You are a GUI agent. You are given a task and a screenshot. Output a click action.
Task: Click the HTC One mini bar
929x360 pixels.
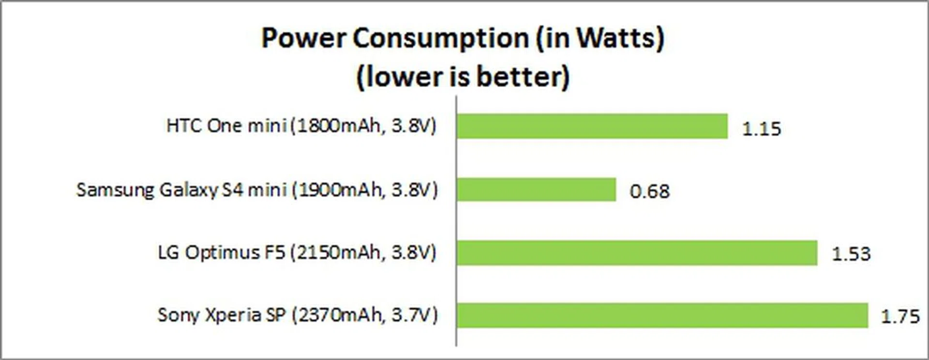[x=592, y=126]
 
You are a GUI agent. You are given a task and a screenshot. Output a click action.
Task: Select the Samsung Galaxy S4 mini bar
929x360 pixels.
[x=536, y=189]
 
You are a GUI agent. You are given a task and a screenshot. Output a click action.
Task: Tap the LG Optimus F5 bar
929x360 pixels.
[x=637, y=253]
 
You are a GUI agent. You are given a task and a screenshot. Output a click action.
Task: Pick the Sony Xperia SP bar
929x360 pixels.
[x=662, y=315]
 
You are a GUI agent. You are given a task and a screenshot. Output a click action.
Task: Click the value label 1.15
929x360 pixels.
[x=762, y=129]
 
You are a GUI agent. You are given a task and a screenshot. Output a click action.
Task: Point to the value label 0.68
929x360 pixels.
[x=650, y=192]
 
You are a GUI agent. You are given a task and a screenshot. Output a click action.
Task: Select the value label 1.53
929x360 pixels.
[x=851, y=254]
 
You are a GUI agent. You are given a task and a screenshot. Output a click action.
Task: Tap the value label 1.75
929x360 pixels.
[x=900, y=316]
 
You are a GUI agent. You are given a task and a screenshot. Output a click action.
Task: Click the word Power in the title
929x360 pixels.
[x=303, y=38]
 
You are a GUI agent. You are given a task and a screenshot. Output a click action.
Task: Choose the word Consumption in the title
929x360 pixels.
[x=441, y=39]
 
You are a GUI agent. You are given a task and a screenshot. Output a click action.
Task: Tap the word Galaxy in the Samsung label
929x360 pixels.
[x=189, y=190]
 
